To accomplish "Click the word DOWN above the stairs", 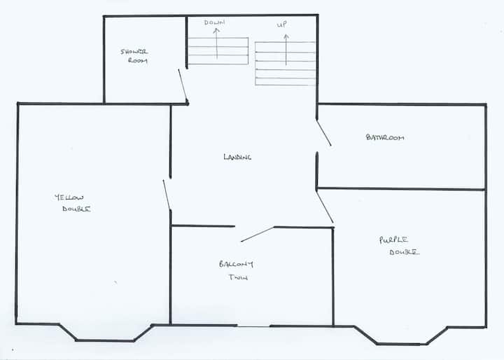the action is click(x=214, y=22).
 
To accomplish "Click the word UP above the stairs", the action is click(x=282, y=25).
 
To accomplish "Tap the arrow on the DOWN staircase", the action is click(x=216, y=43).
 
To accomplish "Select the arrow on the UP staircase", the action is click(x=286, y=50).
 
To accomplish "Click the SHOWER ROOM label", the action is click(x=134, y=56).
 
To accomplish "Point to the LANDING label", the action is click(x=237, y=157).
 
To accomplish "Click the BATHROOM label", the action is click(x=385, y=137).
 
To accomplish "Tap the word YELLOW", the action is click(x=69, y=198).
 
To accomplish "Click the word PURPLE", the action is click(x=393, y=240).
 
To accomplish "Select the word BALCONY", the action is click(x=237, y=264).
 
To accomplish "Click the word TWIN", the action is click(x=238, y=277).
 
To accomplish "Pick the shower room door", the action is click(x=183, y=86).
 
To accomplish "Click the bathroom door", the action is click(x=323, y=133).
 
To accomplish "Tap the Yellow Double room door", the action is click(x=167, y=195).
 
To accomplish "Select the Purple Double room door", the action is click(x=325, y=207).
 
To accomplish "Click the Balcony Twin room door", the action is click(x=258, y=234).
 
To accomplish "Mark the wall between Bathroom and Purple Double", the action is click(x=401, y=189).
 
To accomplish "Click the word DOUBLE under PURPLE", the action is click(x=405, y=252).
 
